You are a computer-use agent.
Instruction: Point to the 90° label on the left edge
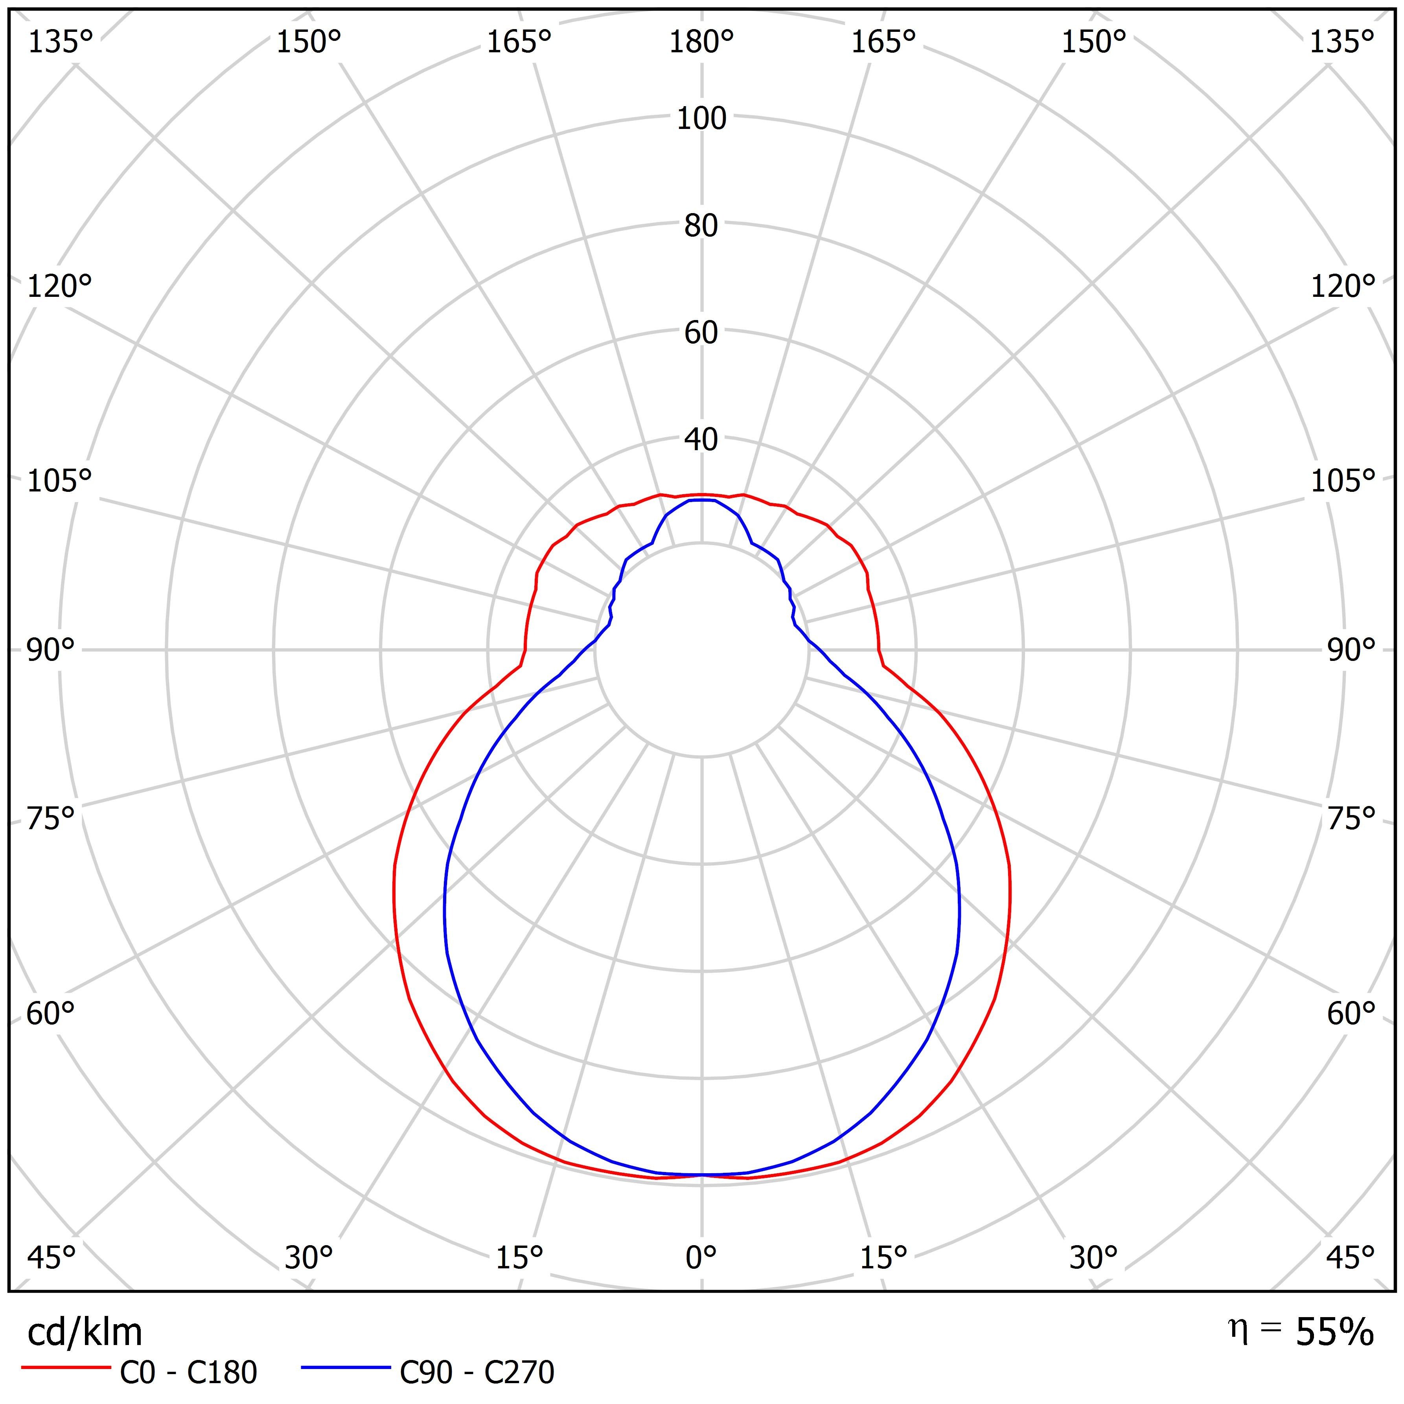51,650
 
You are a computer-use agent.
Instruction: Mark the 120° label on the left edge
60,287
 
